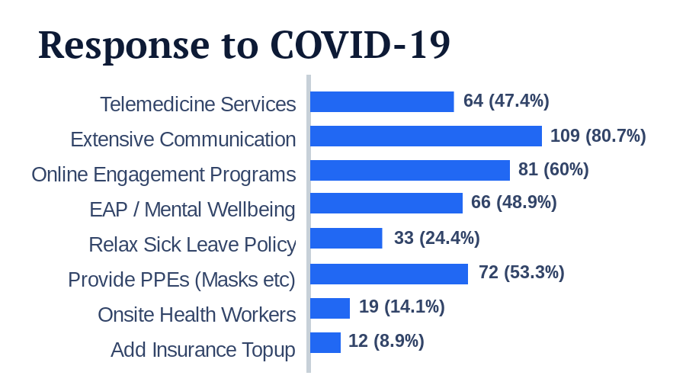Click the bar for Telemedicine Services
[x=382, y=102]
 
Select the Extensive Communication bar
[x=425, y=136]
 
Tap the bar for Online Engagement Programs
[x=409, y=170]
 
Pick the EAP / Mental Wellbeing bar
[x=386, y=204]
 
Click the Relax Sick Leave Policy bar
[x=346, y=239]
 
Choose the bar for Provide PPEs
[x=389, y=274]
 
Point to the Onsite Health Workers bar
[x=329, y=308]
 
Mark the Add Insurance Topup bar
[x=325, y=342]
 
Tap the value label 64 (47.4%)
[x=506, y=101]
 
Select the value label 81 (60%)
[x=553, y=169]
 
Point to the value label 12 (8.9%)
[x=386, y=341]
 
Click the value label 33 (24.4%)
[x=437, y=238]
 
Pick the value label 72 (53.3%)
[x=521, y=272]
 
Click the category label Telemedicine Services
[x=197, y=104]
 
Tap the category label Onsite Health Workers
[x=196, y=314]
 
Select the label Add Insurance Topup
[x=203, y=350]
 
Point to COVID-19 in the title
[x=360, y=45]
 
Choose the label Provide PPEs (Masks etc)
[x=181, y=280]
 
